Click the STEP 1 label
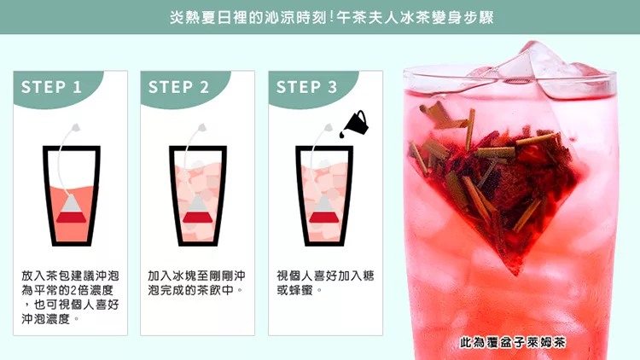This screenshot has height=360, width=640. tap(51, 87)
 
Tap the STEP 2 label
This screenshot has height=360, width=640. tap(179, 87)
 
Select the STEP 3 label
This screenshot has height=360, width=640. tap(307, 87)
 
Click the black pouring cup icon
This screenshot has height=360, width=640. tap(357, 122)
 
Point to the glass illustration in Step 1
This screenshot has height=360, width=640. tap(72, 195)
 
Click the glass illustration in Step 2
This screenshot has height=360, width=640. tap(198, 195)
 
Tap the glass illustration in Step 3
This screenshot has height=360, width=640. tap(324, 195)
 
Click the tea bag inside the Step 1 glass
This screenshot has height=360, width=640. tap(71, 208)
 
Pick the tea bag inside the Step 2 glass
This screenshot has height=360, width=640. tap(198, 208)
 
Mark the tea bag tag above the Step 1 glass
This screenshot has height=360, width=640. tap(75, 128)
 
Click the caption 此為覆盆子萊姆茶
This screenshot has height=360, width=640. tap(513, 342)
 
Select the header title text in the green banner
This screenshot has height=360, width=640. tap(331, 18)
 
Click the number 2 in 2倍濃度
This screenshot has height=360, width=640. tap(73, 290)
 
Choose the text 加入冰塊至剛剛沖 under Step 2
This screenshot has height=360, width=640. tap(197, 276)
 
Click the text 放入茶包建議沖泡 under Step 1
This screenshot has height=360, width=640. tap(70, 276)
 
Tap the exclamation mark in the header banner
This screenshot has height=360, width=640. tap(331, 18)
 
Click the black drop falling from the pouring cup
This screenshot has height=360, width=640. tap(342, 134)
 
